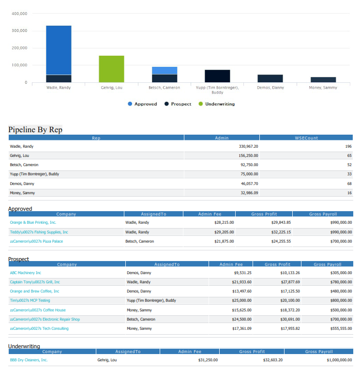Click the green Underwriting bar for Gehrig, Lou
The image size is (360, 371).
click(x=111, y=69)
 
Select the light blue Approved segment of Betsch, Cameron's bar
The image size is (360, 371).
click(x=165, y=70)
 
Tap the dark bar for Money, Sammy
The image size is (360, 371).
click(x=323, y=79)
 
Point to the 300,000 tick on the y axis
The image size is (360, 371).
click(x=19, y=31)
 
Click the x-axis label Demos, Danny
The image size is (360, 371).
click(x=270, y=88)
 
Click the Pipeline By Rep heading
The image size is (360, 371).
click(x=35, y=129)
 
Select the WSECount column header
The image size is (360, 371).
click(x=306, y=138)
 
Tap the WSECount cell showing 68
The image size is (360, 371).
click(x=348, y=184)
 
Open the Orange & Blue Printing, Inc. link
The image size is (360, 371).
click(x=33, y=222)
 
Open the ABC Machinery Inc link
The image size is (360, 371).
click(x=26, y=273)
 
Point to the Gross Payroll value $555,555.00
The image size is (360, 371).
click(x=338, y=328)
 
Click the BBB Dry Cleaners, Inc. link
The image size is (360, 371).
click(x=29, y=360)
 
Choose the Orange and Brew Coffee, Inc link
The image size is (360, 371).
click(x=34, y=291)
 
